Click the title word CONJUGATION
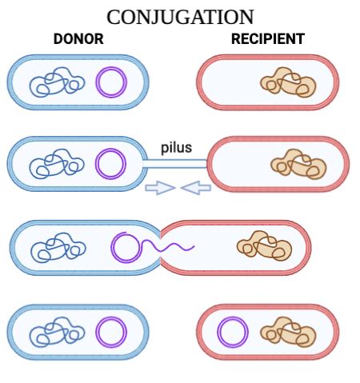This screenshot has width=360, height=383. pyautogui.click(x=180, y=17)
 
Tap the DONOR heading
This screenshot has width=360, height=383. pyautogui.click(x=78, y=38)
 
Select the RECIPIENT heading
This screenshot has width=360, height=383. pyautogui.click(x=267, y=38)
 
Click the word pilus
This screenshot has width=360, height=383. pyautogui.click(x=176, y=148)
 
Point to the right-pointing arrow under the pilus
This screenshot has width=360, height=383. pyautogui.click(x=158, y=188)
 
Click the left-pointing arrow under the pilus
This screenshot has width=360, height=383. pyautogui.click(x=196, y=188)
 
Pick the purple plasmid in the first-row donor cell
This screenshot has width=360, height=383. pyautogui.click(x=111, y=82)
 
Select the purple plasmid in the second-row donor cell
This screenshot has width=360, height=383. pyautogui.click(x=111, y=164)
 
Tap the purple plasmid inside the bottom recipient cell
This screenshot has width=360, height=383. pyautogui.click(x=233, y=332)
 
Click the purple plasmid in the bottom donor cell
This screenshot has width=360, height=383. pyautogui.click(x=111, y=332)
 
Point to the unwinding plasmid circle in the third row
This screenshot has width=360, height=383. pyautogui.click(x=126, y=247)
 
